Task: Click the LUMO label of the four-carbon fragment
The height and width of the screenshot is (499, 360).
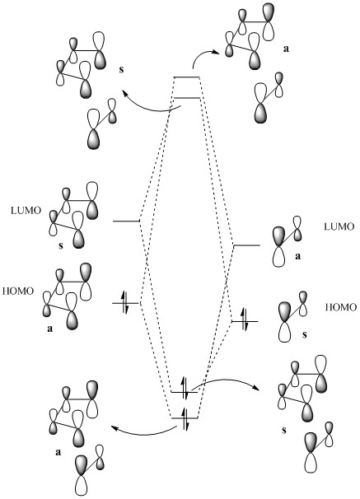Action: tap(26, 210)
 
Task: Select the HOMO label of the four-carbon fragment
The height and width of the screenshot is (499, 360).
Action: tap(18, 291)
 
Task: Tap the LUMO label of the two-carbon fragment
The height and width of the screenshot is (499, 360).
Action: tap(339, 226)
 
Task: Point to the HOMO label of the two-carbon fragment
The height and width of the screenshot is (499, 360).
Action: tap(341, 307)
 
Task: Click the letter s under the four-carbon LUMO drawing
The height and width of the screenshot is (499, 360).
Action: tap(61, 245)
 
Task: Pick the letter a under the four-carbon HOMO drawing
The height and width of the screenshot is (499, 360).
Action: tap(50, 329)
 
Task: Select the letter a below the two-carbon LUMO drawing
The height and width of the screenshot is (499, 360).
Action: tap(298, 256)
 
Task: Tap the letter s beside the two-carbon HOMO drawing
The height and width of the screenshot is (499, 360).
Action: tap(305, 335)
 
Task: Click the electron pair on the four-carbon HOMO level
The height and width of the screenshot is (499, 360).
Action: tap(125, 302)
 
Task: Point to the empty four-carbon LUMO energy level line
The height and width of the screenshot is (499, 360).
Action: tap(126, 221)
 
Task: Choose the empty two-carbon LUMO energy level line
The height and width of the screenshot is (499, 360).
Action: tap(246, 245)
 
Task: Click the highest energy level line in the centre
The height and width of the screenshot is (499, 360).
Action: tap(186, 77)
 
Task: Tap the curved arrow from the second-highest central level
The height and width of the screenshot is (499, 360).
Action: tap(149, 108)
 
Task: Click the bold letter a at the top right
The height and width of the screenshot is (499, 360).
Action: tap(286, 49)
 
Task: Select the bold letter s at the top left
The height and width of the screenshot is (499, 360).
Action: tap(121, 69)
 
